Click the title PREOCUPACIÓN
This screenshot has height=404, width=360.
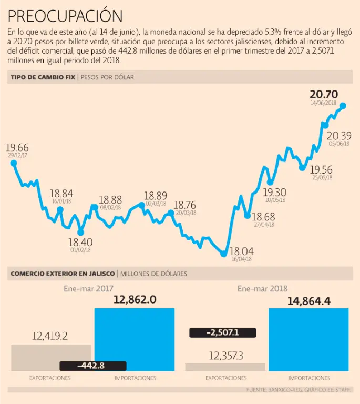pos(65,15)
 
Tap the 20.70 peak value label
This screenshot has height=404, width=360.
pos(324,95)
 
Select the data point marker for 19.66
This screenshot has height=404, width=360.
pos(13,163)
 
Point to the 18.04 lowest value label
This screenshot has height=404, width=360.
pos(242,251)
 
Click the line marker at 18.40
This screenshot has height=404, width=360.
pos(80,232)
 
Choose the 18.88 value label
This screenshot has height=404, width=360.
pos(110,200)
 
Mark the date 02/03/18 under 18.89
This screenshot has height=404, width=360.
pos(156,204)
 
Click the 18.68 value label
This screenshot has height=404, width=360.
pos(263,217)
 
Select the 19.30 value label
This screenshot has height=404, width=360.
pos(275,192)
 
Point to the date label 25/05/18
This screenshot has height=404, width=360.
pos(322,178)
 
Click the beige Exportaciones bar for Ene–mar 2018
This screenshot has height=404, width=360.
pos(225,367)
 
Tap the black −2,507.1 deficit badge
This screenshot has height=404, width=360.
pos(222,332)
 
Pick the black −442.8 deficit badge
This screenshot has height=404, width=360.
pos(93,366)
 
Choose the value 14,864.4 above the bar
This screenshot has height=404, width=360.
pos(308,301)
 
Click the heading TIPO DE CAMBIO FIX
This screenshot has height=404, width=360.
pos(43,77)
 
